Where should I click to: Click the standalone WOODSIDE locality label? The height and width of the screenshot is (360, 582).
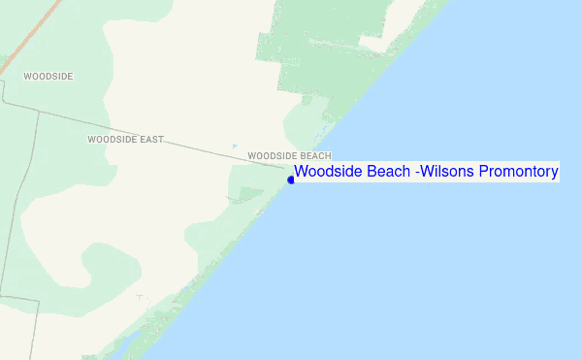point(48,76)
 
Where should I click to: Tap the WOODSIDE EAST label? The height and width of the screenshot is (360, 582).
point(125,140)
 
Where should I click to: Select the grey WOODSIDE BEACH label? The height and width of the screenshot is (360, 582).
point(289,155)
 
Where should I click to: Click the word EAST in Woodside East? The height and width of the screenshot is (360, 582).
point(150,140)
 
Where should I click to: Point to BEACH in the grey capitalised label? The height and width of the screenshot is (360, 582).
point(315,155)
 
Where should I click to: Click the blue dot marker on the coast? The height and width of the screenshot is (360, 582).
point(291,180)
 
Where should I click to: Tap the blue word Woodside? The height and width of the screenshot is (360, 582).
point(327,173)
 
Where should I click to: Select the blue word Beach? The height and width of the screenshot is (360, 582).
point(387,173)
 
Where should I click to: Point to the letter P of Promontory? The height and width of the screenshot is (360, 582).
point(485,173)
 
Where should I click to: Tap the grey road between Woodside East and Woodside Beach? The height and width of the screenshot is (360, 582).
point(213,148)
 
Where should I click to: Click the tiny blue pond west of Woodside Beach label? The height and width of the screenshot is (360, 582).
point(234,147)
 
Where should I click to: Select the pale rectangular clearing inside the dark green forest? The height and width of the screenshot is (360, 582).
point(374,43)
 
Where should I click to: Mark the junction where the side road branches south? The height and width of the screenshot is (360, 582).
point(39,111)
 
